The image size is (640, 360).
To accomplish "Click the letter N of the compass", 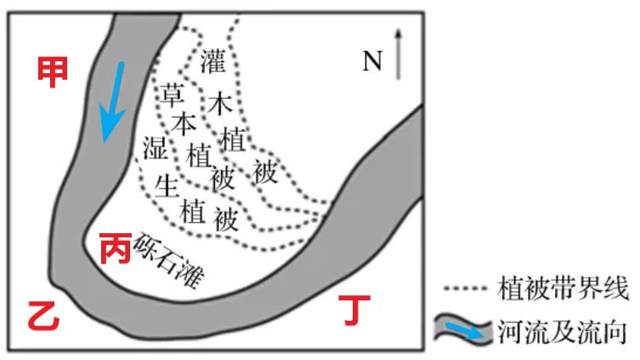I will (372, 62).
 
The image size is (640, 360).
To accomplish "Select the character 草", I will (172, 96).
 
